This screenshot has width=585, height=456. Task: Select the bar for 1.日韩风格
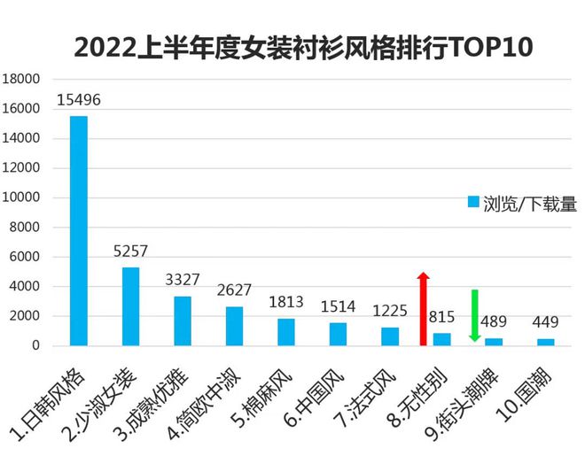(79, 230)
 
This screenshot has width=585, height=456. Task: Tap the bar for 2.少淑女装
(130, 306)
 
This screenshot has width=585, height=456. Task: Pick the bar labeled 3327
(183, 321)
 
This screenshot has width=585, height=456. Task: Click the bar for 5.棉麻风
(286, 332)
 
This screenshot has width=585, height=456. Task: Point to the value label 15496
(79, 99)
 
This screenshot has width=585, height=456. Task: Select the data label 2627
(235, 290)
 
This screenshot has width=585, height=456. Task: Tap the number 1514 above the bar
(338, 306)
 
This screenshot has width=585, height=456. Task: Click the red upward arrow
(424, 307)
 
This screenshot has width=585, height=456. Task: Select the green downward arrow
(475, 315)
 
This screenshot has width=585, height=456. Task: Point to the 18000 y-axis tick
(24, 79)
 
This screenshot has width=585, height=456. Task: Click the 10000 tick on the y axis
(24, 197)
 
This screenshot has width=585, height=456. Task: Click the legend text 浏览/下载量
(530, 204)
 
